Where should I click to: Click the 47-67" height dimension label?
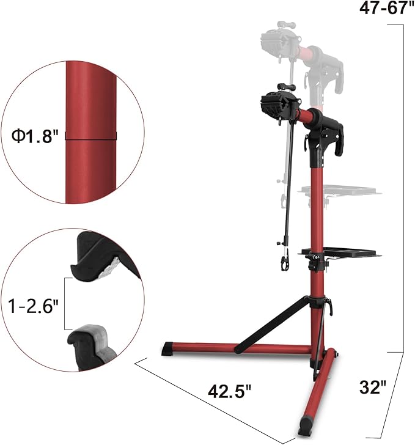383,10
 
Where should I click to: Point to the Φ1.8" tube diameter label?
34,136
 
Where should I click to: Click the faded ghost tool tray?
338,192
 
